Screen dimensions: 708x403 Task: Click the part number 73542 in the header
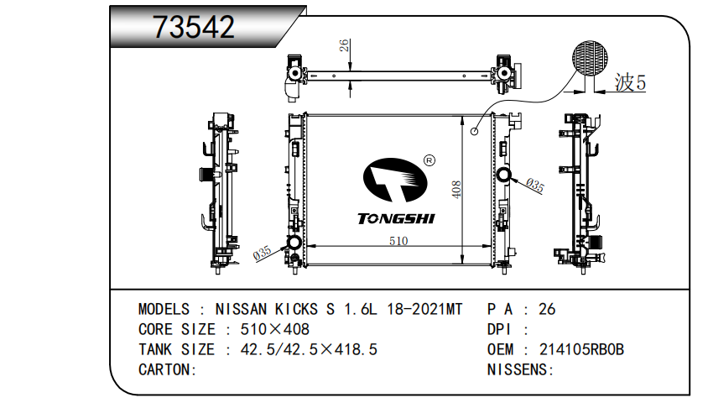tap(194, 27)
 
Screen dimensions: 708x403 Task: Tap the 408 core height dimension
tap(456, 189)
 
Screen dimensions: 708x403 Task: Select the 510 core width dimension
tap(398, 241)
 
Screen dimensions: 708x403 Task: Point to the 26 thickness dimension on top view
tap(344, 45)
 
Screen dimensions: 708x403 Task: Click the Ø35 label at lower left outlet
tap(262, 253)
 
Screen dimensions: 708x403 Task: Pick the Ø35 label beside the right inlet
tap(535, 186)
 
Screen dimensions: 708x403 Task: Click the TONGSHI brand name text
tap(396, 218)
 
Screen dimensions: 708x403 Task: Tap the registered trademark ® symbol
tap(429, 160)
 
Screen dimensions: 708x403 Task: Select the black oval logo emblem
tap(395, 180)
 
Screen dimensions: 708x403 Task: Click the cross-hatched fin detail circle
tap(590, 58)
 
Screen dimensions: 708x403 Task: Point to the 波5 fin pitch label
tap(630, 82)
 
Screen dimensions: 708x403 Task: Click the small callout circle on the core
tap(474, 132)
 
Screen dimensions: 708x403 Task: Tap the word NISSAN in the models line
tap(241, 310)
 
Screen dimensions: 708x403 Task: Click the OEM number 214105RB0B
tap(581, 350)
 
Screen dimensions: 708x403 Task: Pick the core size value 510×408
tap(275, 329)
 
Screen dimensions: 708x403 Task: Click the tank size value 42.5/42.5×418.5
tap(309, 350)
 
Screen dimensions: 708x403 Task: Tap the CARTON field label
tap(168, 370)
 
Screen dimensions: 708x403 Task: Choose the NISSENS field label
tap(521, 370)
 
